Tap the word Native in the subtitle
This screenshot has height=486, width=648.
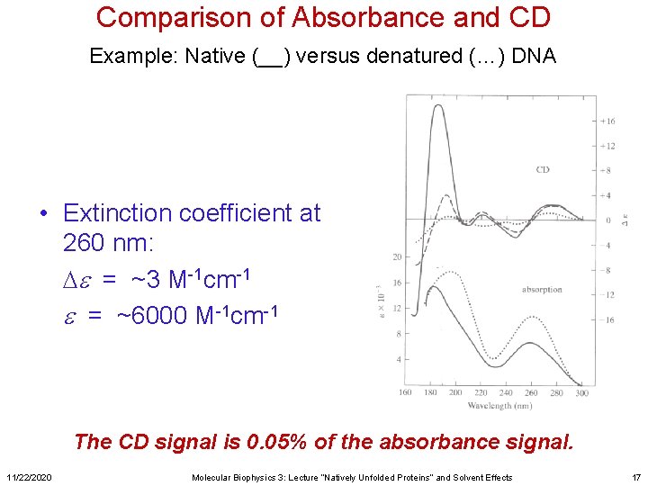click(215, 57)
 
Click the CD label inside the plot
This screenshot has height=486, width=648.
click(543, 169)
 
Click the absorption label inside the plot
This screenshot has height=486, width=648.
click(543, 290)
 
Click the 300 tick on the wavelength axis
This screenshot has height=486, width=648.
click(580, 392)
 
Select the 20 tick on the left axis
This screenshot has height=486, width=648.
click(397, 257)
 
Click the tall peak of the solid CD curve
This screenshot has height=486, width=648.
click(440, 107)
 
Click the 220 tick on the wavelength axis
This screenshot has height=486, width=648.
click(481, 392)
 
